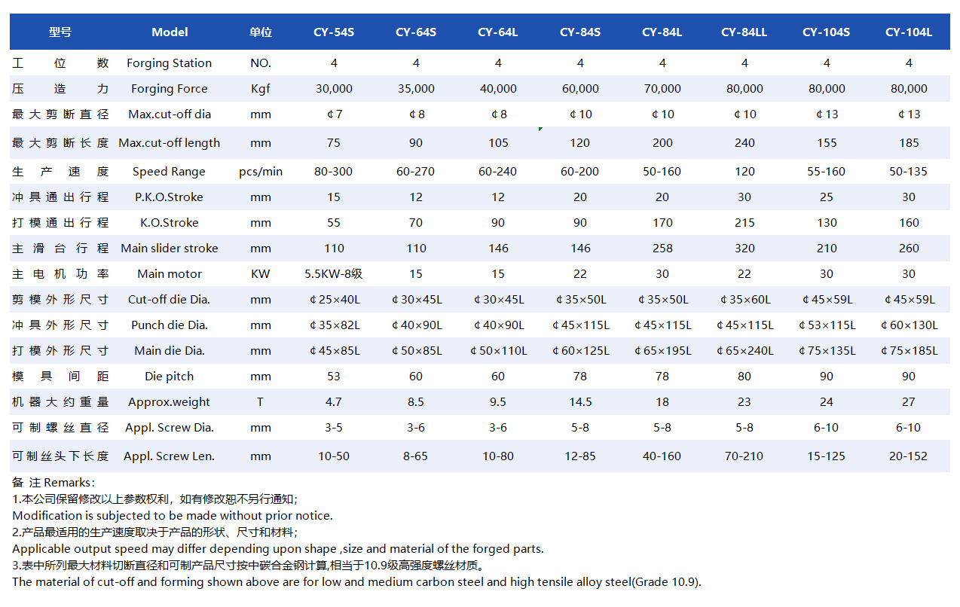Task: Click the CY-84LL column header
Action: click(744, 32)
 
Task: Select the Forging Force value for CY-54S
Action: click(334, 89)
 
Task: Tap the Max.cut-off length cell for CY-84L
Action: click(662, 142)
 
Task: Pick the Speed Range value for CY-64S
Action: click(415, 172)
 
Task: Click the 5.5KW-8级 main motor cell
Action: click(333, 273)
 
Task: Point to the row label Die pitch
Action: click(170, 376)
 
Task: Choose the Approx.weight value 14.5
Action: click(580, 402)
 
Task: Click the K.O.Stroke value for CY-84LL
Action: click(744, 223)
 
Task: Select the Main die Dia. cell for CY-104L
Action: click(909, 351)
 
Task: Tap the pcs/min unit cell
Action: click(261, 172)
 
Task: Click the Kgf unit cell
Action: click(261, 89)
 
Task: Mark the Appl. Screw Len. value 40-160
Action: click(662, 456)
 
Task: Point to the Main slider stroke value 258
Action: click(662, 249)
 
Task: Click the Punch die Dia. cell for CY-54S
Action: click(335, 325)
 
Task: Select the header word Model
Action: click(170, 32)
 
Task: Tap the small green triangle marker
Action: click(540, 129)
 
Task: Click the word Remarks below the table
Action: click(67, 482)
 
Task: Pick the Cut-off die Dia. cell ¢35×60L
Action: click(745, 300)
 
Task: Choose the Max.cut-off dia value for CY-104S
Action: click(827, 114)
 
